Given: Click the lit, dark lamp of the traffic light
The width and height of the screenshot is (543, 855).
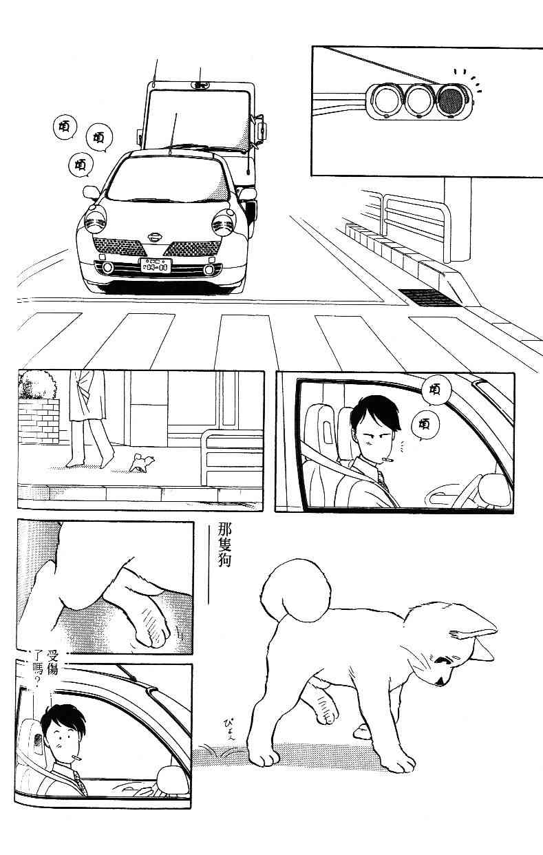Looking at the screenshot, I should [451, 101].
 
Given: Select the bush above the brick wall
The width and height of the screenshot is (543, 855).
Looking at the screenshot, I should [37, 385].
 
